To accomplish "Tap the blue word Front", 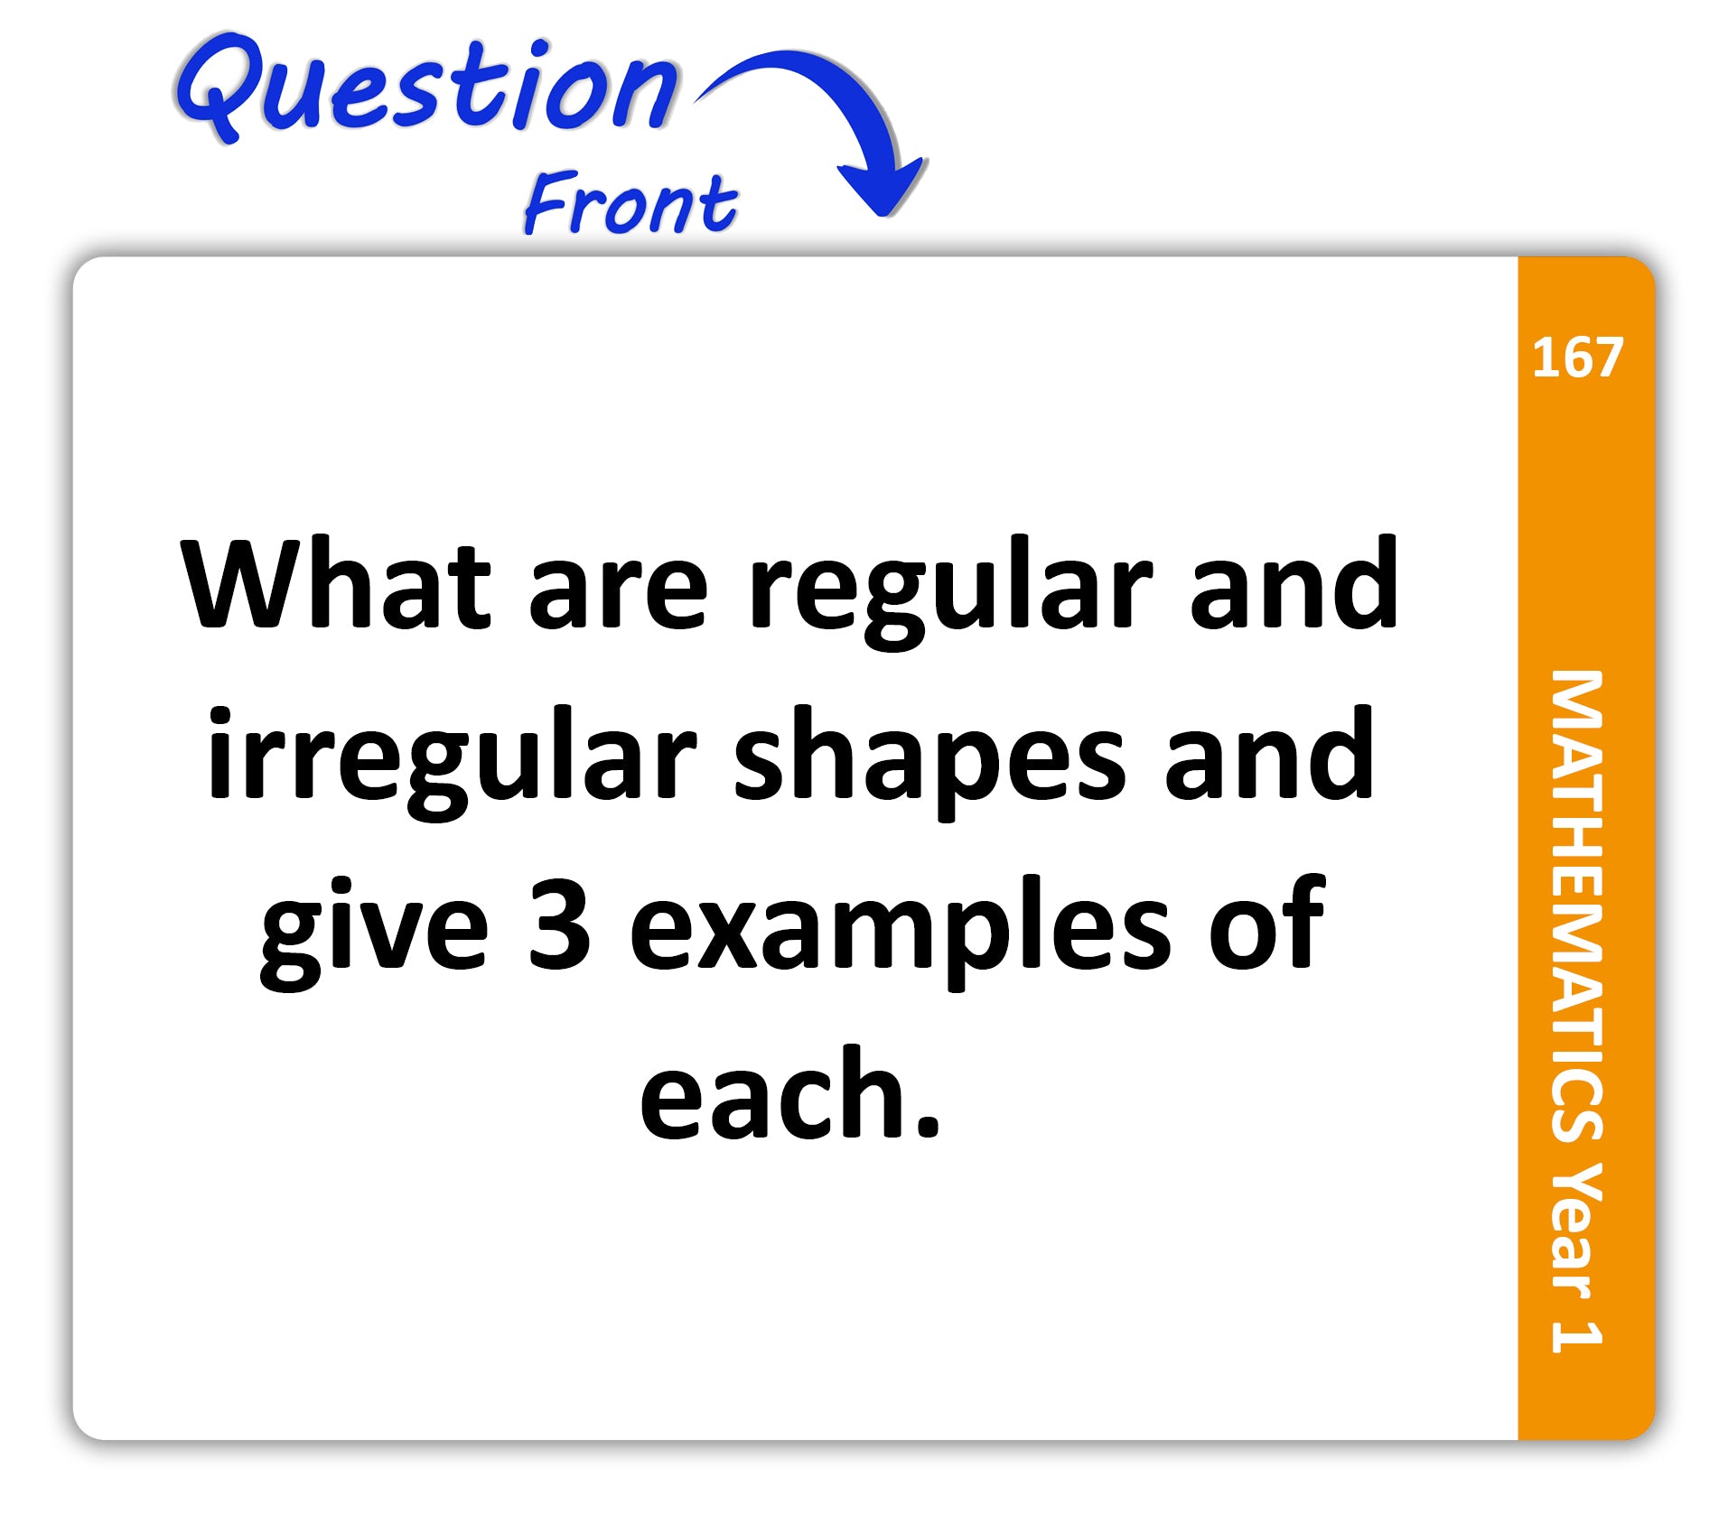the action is (x=630, y=203).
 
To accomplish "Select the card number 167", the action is (x=1577, y=358).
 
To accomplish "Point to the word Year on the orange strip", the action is (x=1577, y=1233).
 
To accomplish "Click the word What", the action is (x=336, y=583).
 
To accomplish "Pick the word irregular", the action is (x=452, y=763).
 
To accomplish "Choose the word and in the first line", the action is (x=1294, y=583).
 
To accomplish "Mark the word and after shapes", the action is (x=1270, y=753).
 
